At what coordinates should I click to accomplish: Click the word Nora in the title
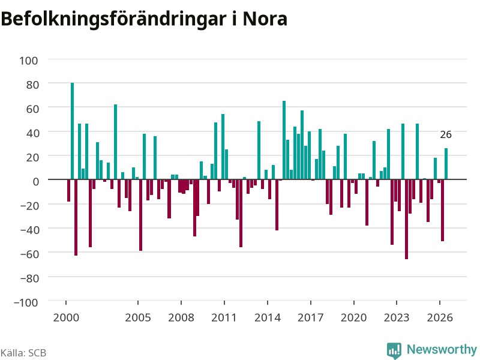click(265, 19)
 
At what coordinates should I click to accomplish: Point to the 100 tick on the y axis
click(29, 61)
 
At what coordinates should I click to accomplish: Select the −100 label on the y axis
click(26, 302)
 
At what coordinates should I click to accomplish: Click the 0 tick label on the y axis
click(36, 182)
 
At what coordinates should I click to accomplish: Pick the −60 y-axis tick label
click(29, 254)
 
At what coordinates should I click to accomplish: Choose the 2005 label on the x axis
click(138, 317)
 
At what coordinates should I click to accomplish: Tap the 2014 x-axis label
click(268, 317)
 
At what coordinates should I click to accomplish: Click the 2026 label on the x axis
click(440, 317)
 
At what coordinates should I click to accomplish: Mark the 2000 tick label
click(66, 317)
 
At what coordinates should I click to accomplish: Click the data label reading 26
click(446, 134)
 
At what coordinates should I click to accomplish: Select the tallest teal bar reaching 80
click(72, 131)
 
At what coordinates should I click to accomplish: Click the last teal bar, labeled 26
click(446, 164)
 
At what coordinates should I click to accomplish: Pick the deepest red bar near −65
click(407, 219)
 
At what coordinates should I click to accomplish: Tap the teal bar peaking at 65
click(284, 140)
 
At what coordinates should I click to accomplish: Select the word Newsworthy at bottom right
click(442, 349)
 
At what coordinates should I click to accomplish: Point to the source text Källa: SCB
click(23, 353)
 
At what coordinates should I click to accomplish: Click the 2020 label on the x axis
click(353, 317)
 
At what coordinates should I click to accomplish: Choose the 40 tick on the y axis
click(33, 133)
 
